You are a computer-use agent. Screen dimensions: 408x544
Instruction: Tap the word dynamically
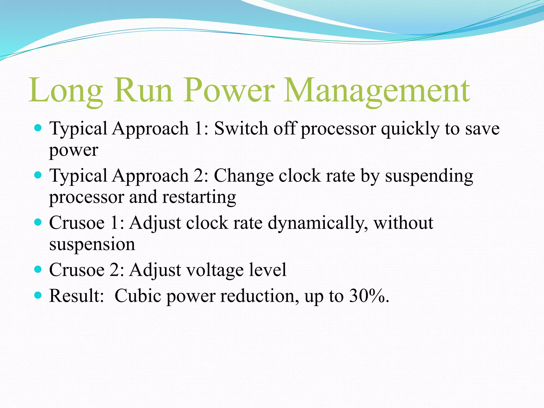(x=318, y=223)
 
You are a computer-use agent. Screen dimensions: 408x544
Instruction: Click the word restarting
(x=199, y=197)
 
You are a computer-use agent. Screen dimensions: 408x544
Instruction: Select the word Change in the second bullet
(x=244, y=176)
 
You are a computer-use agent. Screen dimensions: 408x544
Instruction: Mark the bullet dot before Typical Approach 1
(x=38, y=128)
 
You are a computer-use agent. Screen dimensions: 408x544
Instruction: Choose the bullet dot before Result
(x=38, y=295)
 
